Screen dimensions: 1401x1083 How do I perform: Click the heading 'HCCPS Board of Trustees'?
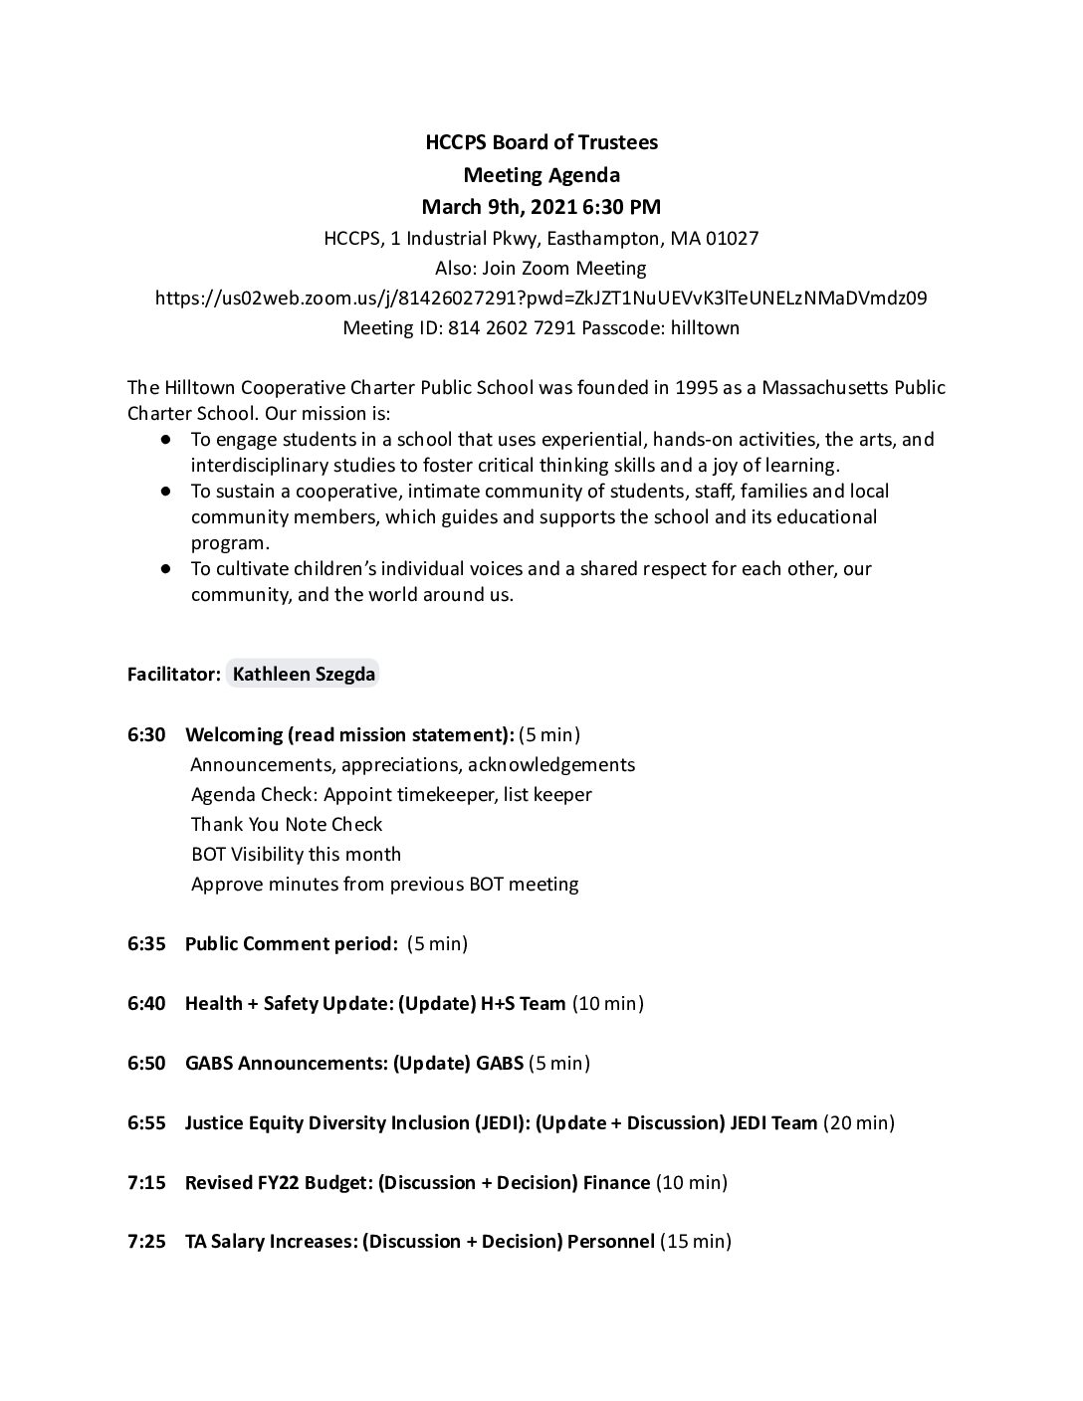(x=541, y=142)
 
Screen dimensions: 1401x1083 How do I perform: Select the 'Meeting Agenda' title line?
(x=541, y=175)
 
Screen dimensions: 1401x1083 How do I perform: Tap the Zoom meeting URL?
(x=541, y=298)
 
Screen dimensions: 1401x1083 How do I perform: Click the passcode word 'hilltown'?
(x=703, y=327)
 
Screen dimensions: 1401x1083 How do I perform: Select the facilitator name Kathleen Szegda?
(x=304, y=674)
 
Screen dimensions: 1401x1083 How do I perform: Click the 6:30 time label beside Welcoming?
(x=146, y=734)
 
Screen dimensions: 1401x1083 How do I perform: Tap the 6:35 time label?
(x=146, y=943)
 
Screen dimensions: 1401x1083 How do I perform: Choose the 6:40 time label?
(x=146, y=1003)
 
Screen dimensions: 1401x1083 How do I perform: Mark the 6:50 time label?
(x=146, y=1063)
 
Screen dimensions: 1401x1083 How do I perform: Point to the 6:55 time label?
(x=146, y=1122)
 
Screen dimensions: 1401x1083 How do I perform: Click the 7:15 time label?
(x=146, y=1182)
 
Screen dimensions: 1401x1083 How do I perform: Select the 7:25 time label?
(x=146, y=1242)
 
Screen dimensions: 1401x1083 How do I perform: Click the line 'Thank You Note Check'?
(x=287, y=824)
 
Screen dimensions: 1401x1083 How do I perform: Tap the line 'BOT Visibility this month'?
(x=296, y=854)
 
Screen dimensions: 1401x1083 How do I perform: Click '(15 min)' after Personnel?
(x=696, y=1242)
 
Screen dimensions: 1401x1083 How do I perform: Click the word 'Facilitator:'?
(x=174, y=674)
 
